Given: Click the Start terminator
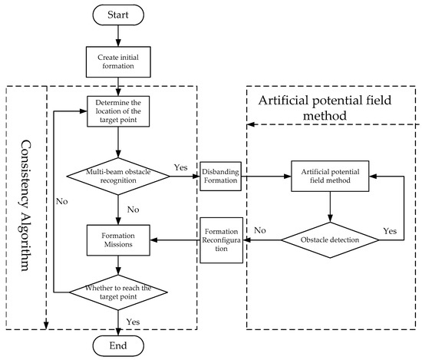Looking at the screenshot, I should [x=117, y=15].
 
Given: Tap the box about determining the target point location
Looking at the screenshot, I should [x=117, y=114].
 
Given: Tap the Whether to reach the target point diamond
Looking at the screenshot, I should [x=117, y=292].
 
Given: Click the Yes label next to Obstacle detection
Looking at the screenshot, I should [x=390, y=230].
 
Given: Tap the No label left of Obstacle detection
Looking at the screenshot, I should [x=260, y=230].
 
